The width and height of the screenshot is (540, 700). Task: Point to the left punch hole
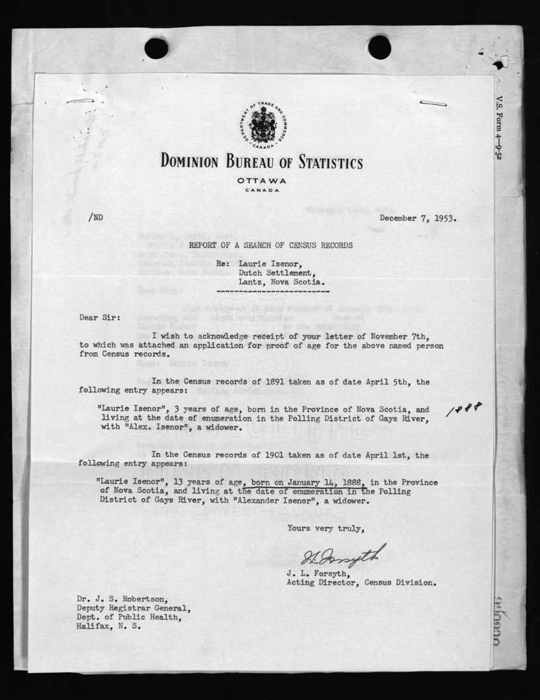pos(156,48)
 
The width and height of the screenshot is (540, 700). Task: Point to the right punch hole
pos(379,46)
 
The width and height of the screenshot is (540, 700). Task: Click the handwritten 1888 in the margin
pos(464,410)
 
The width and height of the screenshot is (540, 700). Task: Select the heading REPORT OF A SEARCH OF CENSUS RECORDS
pos(271,245)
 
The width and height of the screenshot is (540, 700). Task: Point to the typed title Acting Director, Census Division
pos(361,583)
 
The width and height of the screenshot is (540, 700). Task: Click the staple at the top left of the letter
pos(80,101)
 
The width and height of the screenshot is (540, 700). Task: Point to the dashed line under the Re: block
pos(273,292)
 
